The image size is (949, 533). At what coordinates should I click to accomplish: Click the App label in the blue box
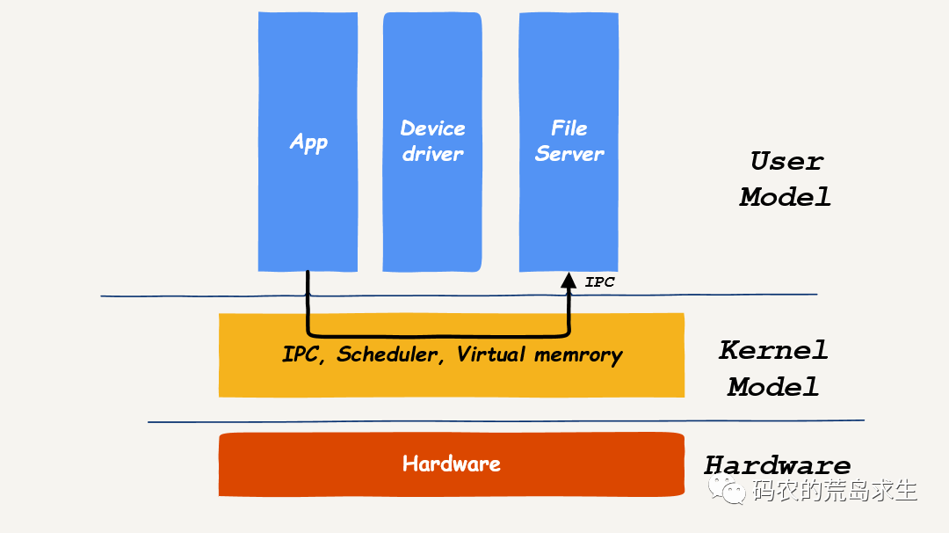click(x=308, y=142)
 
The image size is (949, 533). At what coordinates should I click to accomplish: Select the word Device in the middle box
click(x=432, y=128)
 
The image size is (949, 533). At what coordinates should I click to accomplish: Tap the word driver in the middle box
click(x=432, y=154)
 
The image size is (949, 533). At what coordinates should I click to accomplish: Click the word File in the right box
click(x=569, y=128)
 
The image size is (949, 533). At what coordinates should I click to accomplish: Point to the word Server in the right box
click(x=569, y=154)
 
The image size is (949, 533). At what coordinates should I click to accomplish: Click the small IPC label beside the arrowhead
click(x=599, y=282)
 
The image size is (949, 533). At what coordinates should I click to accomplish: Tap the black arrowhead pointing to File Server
click(x=569, y=281)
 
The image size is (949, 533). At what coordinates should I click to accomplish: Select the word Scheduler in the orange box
click(x=388, y=354)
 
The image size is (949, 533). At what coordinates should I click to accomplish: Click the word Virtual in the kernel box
click(x=491, y=354)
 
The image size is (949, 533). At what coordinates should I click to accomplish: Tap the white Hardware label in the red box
click(x=452, y=464)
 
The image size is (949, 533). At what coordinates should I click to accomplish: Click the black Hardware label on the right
click(x=778, y=464)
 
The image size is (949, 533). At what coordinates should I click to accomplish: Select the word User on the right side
click(x=786, y=161)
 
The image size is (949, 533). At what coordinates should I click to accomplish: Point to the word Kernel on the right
click(x=773, y=349)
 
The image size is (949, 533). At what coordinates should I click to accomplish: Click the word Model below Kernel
click(x=773, y=386)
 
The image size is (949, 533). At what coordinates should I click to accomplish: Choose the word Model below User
click(x=785, y=197)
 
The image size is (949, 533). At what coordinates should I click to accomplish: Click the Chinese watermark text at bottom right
click(x=835, y=490)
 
